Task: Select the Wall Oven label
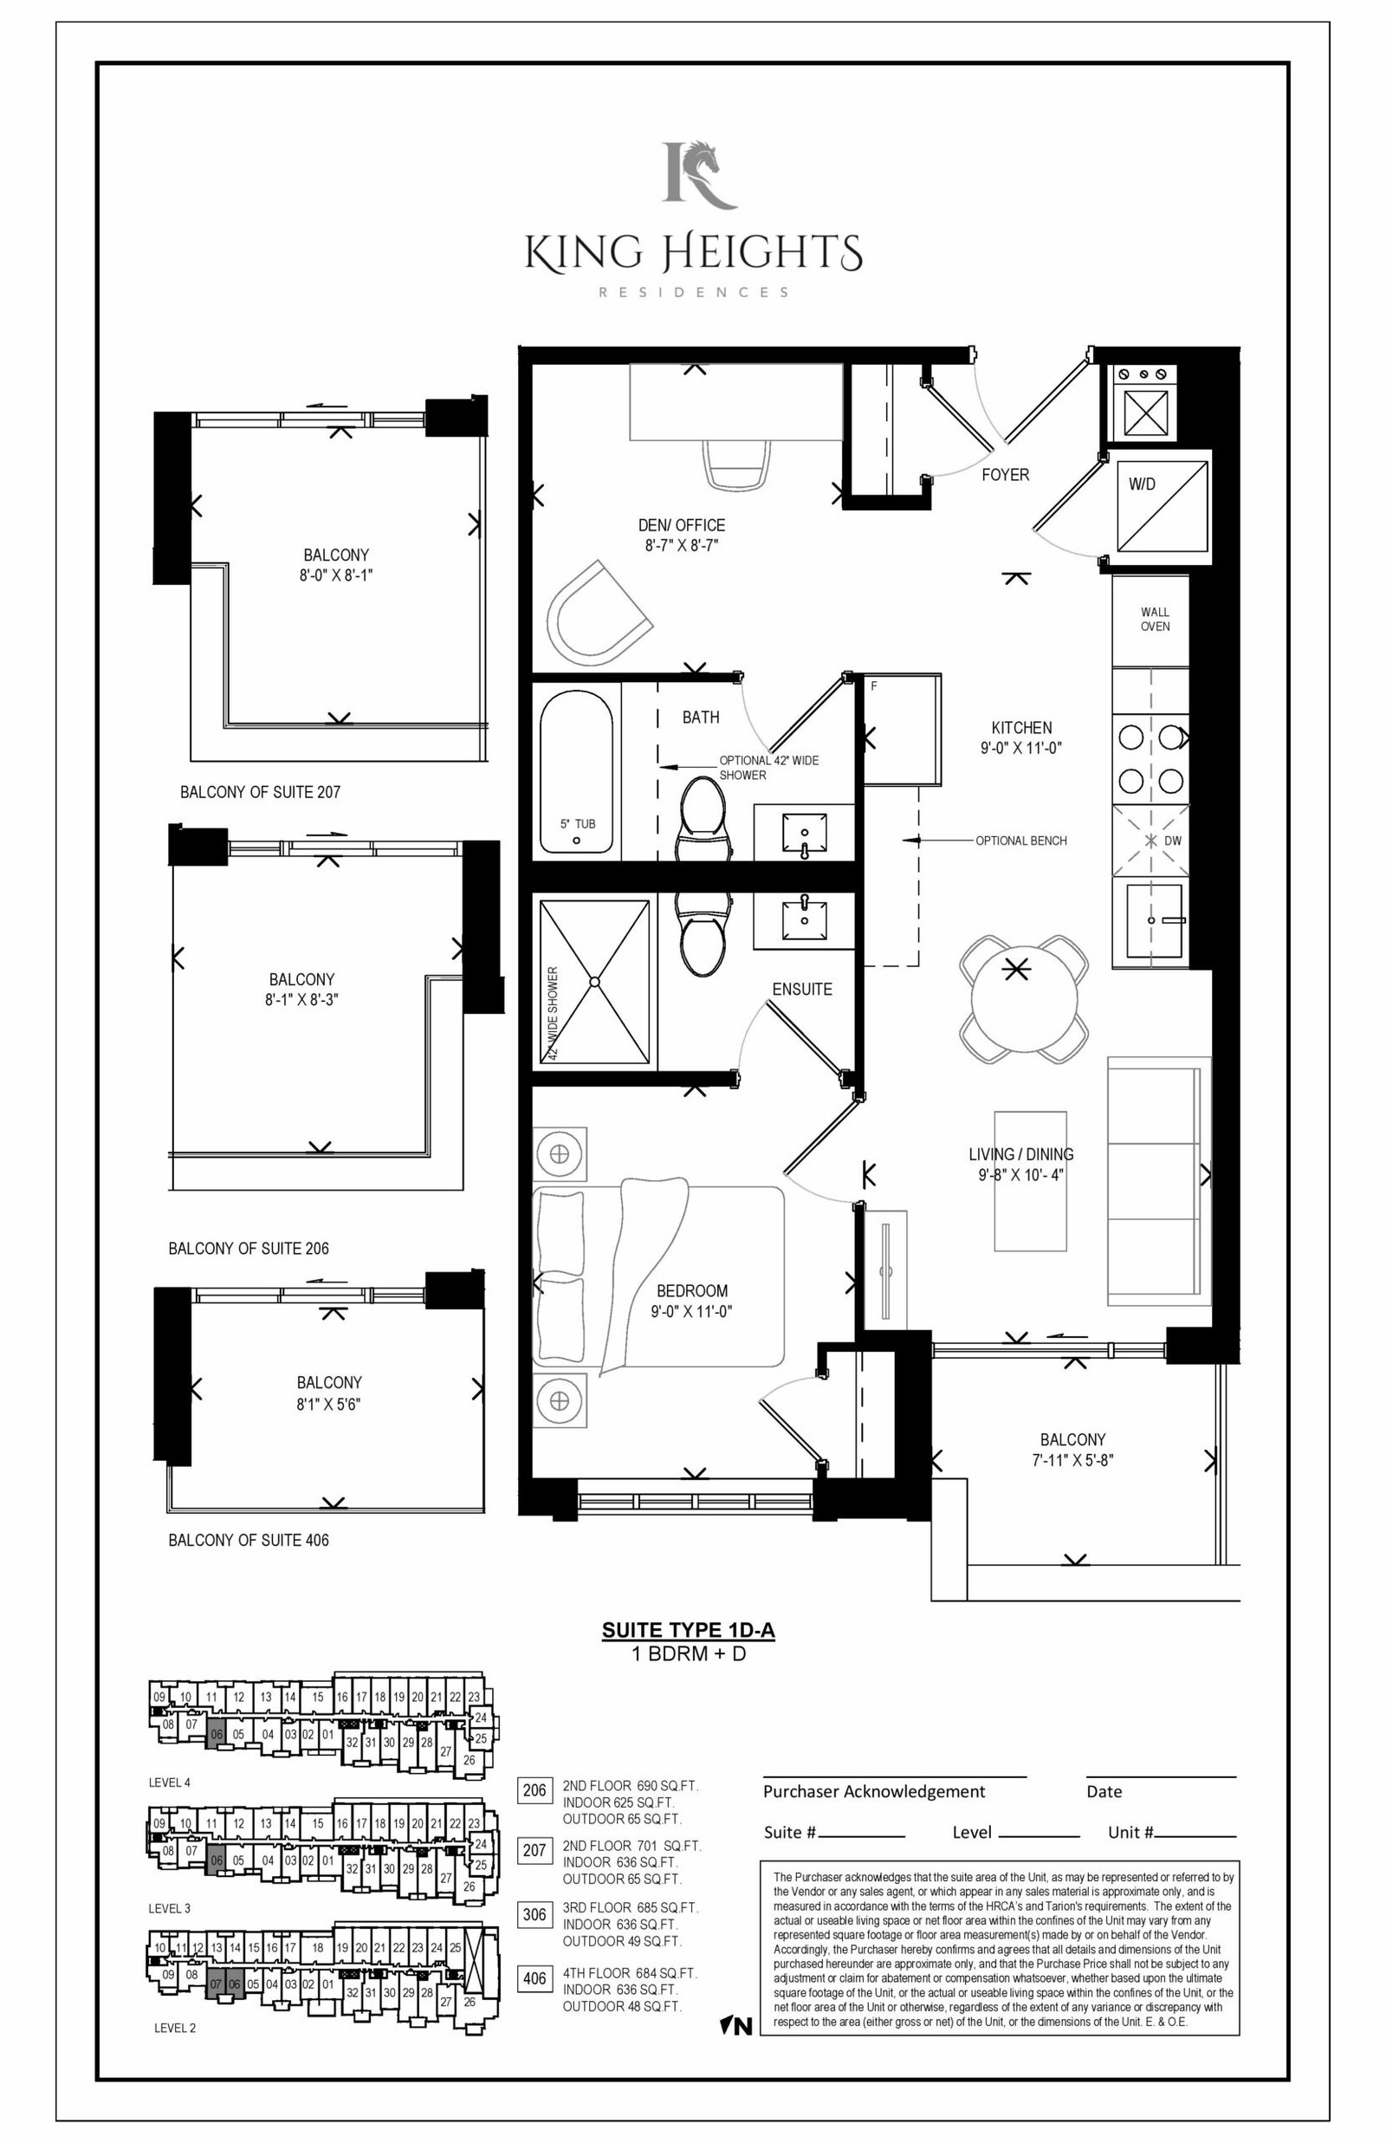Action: pyautogui.click(x=1155, y=620)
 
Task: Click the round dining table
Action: pyautogui.click(x=1023, y=999)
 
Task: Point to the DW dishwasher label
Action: pyautogui.click(x=1173, y=841)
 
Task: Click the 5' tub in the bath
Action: pyautogui.click(x=577, y=772)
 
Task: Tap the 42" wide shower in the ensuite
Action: pyautogui.click(x=594, y=982)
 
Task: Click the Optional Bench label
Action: pyautogui.click(x=1021, y=841)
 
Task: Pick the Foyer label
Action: pyautogui.click(x=1006, y=474)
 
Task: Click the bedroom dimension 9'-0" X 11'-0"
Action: pyautogui.click(x=691, y=1311)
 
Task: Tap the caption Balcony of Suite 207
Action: pyautogui.click(x=260, y=792)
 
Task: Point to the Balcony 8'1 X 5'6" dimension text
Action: pyautogui.click(x=328, y=1404)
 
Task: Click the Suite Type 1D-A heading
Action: pyautogui.click(x=689, y=1631)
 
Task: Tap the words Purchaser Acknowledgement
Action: pyautogui.click(x=874, y=1791)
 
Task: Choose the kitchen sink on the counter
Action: pyautogui.click(x=1151, y=923)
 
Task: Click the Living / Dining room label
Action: pyautogui.click(x=1020, y=1154)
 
